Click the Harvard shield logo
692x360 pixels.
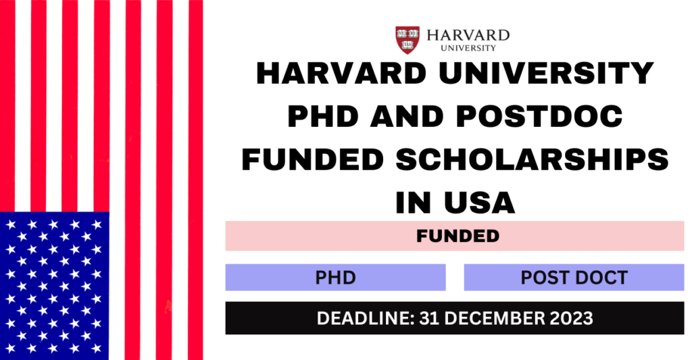tap(407, 38)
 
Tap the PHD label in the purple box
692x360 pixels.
tap(336, 276)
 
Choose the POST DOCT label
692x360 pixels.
tap(574, 276)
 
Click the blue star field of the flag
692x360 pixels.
tap(54, 284)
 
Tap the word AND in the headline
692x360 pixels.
tap(412, 114)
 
